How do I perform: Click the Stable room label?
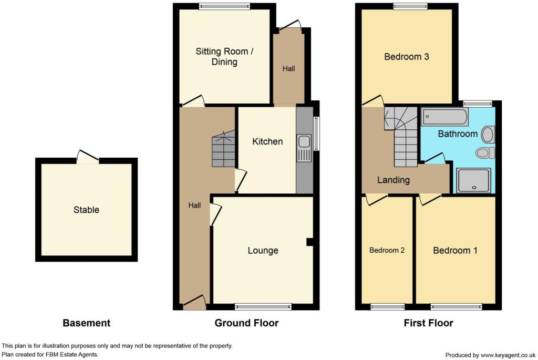86,210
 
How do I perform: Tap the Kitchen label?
267,141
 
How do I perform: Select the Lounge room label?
263,251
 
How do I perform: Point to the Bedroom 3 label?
406,57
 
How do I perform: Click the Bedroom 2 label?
387,250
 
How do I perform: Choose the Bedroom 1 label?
455,251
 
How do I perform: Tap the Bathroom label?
458,134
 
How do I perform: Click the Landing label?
393,180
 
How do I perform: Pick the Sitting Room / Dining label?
224,57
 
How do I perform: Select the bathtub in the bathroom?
444,117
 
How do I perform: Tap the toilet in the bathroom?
485,153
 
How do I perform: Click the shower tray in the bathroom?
473,180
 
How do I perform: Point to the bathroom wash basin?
488,135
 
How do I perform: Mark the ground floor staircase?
223,149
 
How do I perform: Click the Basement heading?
87,323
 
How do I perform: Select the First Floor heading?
428,323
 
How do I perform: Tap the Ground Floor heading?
246,323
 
